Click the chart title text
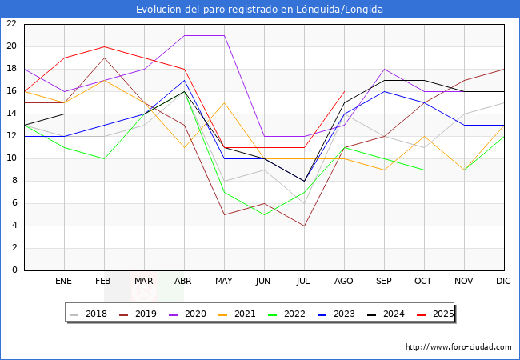tap(259, 10)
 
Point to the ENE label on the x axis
tap(64, 282)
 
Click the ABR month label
tap(184, 282)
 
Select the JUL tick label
tap(304, 282)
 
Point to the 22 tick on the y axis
tap(11, 24)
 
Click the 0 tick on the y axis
tap(14, 270)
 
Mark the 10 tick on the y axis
tap(11, 158)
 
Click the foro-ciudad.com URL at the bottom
tap(458, 347)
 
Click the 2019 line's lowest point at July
tap(304, 226)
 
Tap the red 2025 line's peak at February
tap(104, 46)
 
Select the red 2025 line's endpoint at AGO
tap(344, 91)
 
